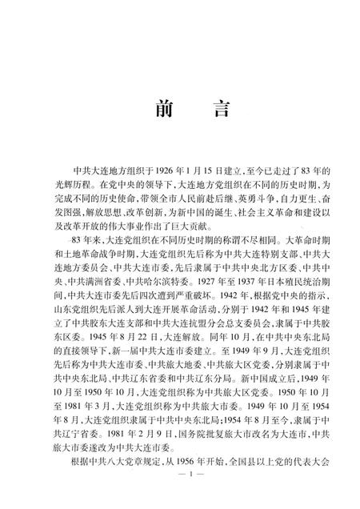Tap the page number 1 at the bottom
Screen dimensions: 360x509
tap(180, 497)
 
